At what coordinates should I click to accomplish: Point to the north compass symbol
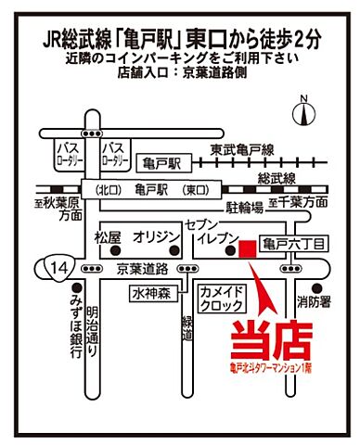pyautogui.click(x=303, y=111)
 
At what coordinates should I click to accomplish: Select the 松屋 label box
pyautogui.click(x=108, y=237)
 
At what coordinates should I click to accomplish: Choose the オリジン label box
pyautogui.click(x=156, y=237)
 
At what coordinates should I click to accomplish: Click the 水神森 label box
pyautogui.click(x=150, y=293)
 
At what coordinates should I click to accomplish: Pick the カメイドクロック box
pyautogui.click(x=221, y=298)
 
